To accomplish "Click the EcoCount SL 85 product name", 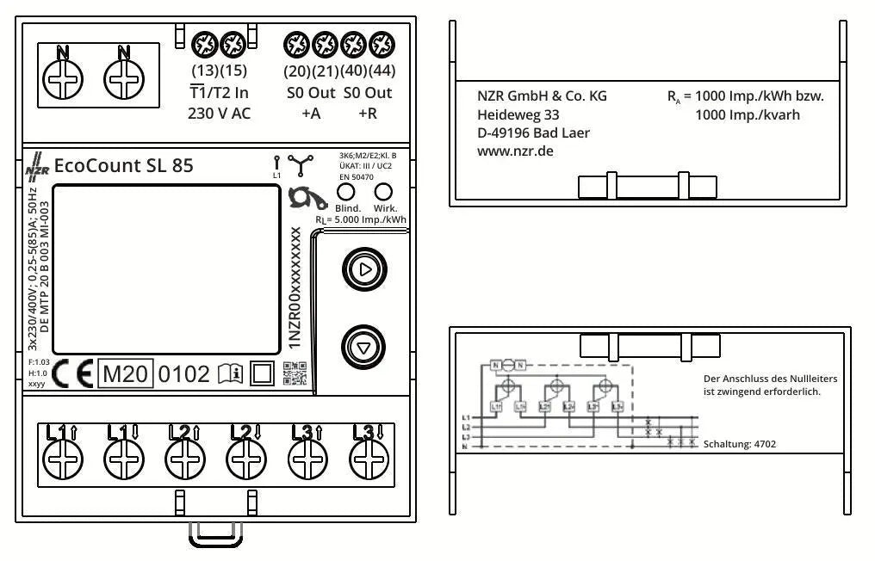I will [123, 166].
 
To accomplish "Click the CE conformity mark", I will [71, 373].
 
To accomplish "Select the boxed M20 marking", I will [126, 373].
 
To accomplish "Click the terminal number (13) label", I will [203, 71].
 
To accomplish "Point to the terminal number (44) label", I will [381, 71].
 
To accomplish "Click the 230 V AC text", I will [219, 114].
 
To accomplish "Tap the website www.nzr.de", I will [515, 151].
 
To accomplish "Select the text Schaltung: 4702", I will [739, 445].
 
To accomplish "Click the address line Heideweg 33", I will [518, 114].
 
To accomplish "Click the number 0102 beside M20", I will [184, 373].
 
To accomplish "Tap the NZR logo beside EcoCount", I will [37, 166].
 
